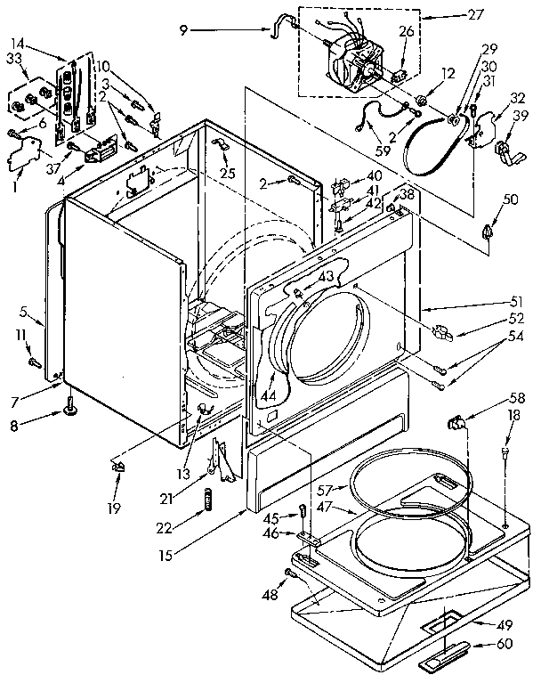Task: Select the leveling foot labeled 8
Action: tap(67, 411)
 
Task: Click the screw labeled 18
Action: tap(506, 455)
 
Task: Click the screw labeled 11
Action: tap(35, 362)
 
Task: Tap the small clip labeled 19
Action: tap(117, 465)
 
